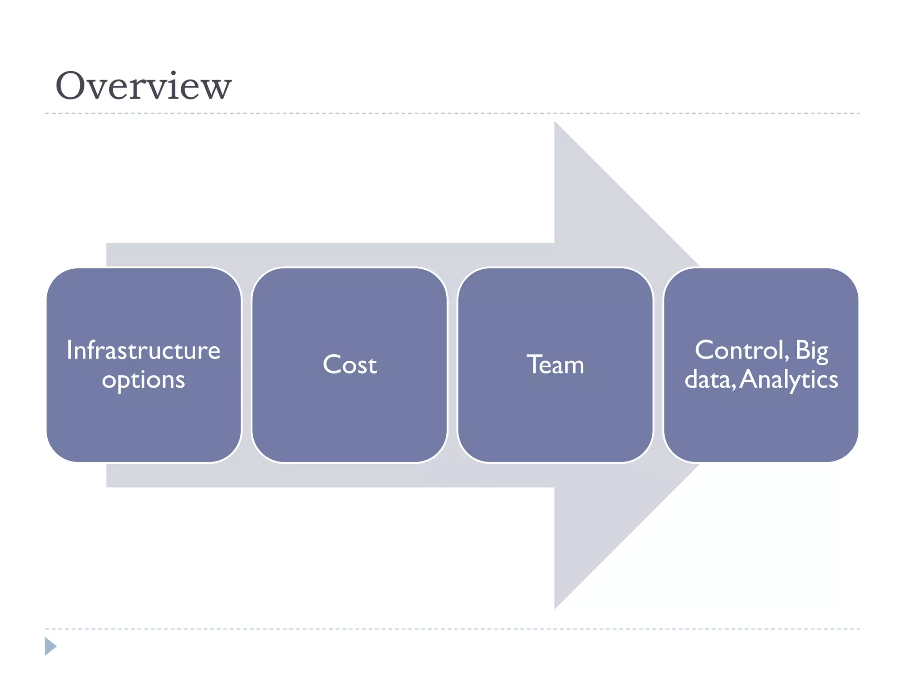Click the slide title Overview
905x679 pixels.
click(x=143, y=86)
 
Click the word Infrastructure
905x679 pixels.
click(x=143, y=350)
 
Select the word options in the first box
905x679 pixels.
click(x=143, y=380)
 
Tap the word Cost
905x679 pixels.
click(x=350, y=365)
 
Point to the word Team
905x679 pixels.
click(x=555, y=365)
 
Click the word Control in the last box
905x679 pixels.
click(x=739, y=350)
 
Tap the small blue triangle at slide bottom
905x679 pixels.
click(x=50, y=646)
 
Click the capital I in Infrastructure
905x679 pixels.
click(x=69, y=350)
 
